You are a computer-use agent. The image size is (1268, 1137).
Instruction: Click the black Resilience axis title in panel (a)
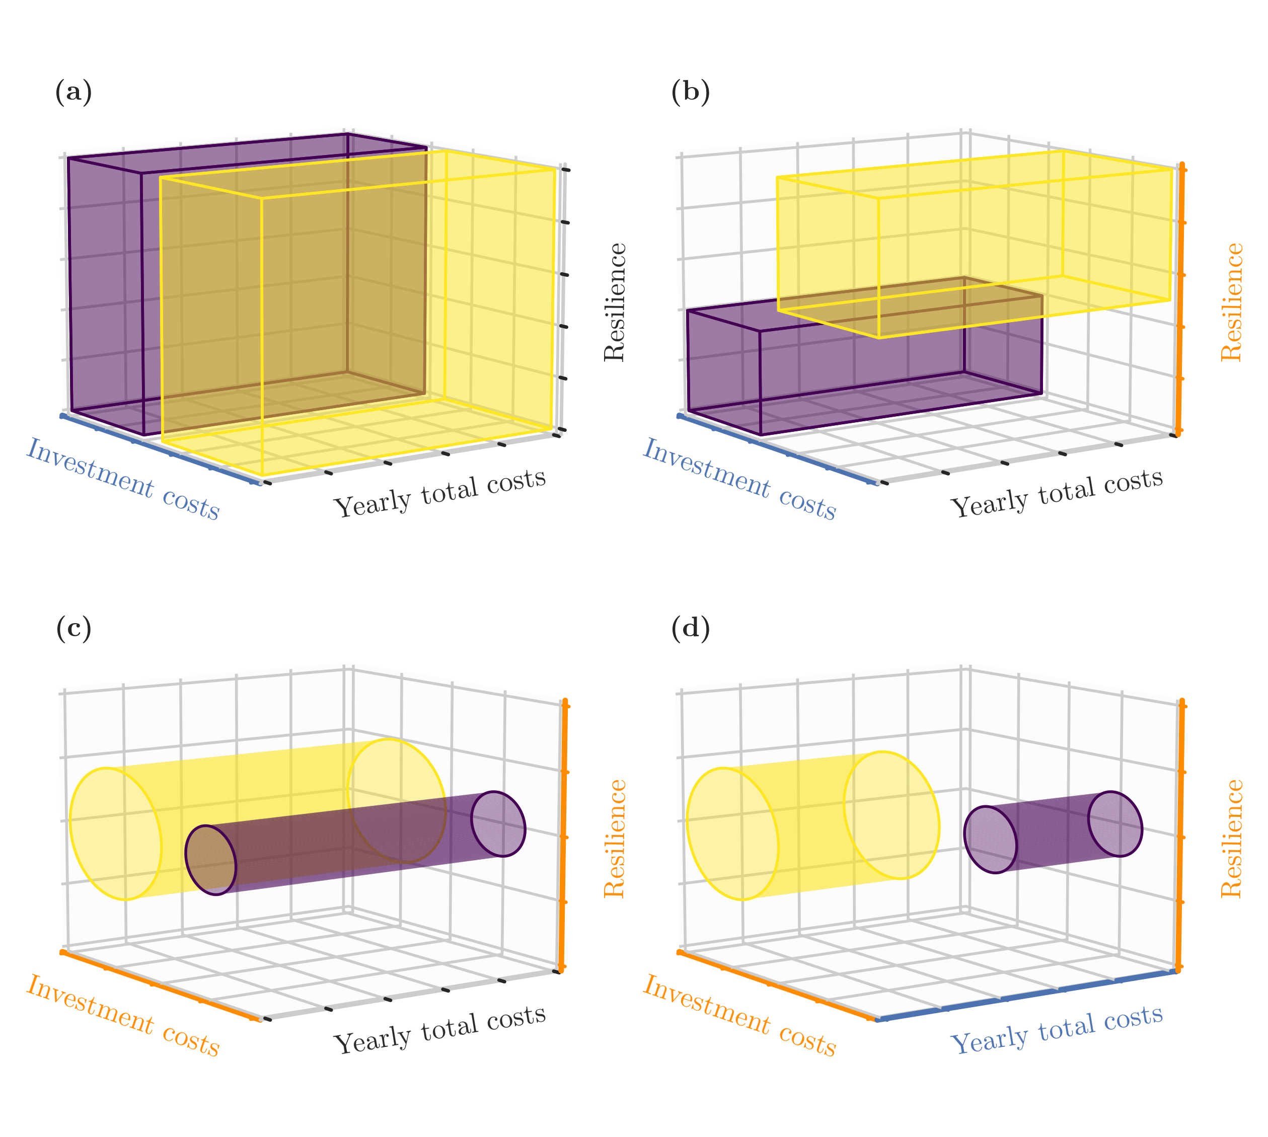click(x=615, y=302)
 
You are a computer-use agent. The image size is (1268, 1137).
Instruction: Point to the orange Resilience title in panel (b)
click(x=1232, y=302)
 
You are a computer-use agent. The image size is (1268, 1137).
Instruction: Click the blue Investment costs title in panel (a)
click(x=123, y=479)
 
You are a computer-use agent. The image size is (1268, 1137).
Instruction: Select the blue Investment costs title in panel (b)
click(x=739, y=479)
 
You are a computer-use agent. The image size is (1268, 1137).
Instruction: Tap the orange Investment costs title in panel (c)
click(x=123, y=1016)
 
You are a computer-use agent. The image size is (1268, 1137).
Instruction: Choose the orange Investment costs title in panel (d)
click(x=739, y=1016)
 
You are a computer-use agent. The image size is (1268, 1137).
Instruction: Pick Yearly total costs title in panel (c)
click(x=440, y=1028)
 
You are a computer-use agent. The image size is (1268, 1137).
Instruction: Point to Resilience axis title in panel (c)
click(x=615, y=839)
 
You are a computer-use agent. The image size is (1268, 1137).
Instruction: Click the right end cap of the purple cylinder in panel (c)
click(x=498, y=823)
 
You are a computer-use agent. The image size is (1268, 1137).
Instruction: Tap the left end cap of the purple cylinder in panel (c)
click(x=210, y=860)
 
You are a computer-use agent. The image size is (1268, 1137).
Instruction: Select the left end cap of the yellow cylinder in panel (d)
click(x=732, y=833)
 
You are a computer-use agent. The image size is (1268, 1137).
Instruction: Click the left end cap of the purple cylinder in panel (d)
click(x=990, y=839)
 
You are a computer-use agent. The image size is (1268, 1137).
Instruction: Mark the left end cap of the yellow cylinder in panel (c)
click(x=116, y=833)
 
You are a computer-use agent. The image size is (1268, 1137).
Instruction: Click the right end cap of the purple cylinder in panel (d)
click(x=1115, y=823)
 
